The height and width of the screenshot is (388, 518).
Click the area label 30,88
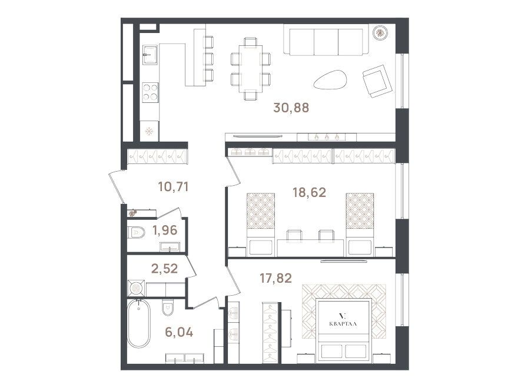[291, 108]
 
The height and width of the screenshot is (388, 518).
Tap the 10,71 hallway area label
[173, 187]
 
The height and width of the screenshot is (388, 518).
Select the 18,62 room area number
[309, 192]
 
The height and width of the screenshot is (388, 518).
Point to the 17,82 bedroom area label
[275, 279]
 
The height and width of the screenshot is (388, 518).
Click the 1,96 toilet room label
[165, 230]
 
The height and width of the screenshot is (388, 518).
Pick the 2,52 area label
[164, 269]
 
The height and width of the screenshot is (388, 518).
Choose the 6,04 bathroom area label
[179, 332]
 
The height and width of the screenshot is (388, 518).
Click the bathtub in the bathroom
[139, 323]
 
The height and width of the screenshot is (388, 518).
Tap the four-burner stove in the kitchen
[150, 92]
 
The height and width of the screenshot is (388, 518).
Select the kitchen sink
[150, 55]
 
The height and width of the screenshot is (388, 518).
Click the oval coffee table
[330, 79]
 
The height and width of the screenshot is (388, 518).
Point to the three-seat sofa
[326, 41]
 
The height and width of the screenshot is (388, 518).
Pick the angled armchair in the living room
[377, 81]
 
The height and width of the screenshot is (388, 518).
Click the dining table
[251, 69]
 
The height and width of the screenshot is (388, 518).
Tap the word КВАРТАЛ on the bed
[343, 324]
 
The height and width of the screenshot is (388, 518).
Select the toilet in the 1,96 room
[137, 232]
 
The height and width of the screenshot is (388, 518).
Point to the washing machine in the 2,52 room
[136, 288]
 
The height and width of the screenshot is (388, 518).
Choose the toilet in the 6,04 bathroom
[168, 307]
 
